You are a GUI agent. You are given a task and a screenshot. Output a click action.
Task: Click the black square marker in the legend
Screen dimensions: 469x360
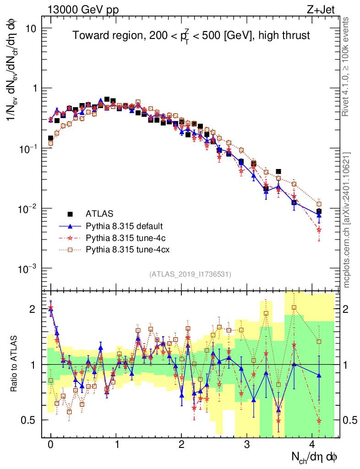(x=70, y=213)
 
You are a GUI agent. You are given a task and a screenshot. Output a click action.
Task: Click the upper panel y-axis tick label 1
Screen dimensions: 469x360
(x=34, y=88)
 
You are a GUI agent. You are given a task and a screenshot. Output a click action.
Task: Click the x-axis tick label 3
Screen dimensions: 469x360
(x=247, y=445)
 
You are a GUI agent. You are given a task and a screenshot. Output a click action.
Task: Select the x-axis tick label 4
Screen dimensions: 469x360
(x=312, y=445)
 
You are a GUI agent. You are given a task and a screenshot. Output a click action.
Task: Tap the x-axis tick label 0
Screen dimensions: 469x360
(x=50, y=445)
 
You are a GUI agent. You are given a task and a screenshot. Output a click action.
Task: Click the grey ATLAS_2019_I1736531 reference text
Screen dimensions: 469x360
(x=190, y=274)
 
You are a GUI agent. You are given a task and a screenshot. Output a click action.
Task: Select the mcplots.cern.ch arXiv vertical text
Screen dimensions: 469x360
(x=347, y=220)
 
